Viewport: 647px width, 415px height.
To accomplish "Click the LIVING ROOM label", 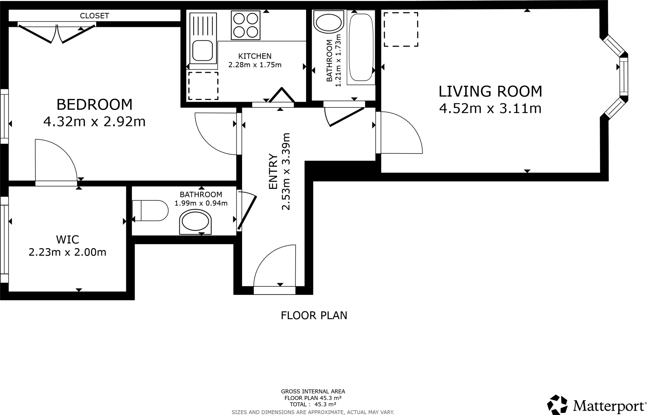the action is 490,91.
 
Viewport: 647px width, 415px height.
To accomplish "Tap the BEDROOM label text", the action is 94,105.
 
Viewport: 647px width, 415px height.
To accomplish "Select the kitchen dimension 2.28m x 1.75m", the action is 255,65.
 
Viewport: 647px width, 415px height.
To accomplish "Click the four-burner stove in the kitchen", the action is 245,25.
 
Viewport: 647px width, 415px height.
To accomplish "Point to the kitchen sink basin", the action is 203,51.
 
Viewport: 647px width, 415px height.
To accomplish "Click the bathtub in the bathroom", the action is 360,47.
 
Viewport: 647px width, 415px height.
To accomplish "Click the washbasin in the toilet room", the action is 195,223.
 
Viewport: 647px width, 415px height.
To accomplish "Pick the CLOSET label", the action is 94,16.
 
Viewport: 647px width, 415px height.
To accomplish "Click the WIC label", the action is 67,240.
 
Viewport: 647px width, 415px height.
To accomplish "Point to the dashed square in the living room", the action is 401,30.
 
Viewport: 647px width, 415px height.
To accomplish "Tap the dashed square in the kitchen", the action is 203,86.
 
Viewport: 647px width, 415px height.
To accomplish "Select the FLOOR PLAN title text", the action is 314,315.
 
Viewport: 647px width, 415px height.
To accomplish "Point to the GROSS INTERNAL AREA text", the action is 313,392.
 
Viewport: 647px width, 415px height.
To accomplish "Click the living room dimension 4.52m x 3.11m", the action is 490,109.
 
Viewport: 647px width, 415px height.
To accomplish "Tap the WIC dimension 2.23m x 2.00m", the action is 67,252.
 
